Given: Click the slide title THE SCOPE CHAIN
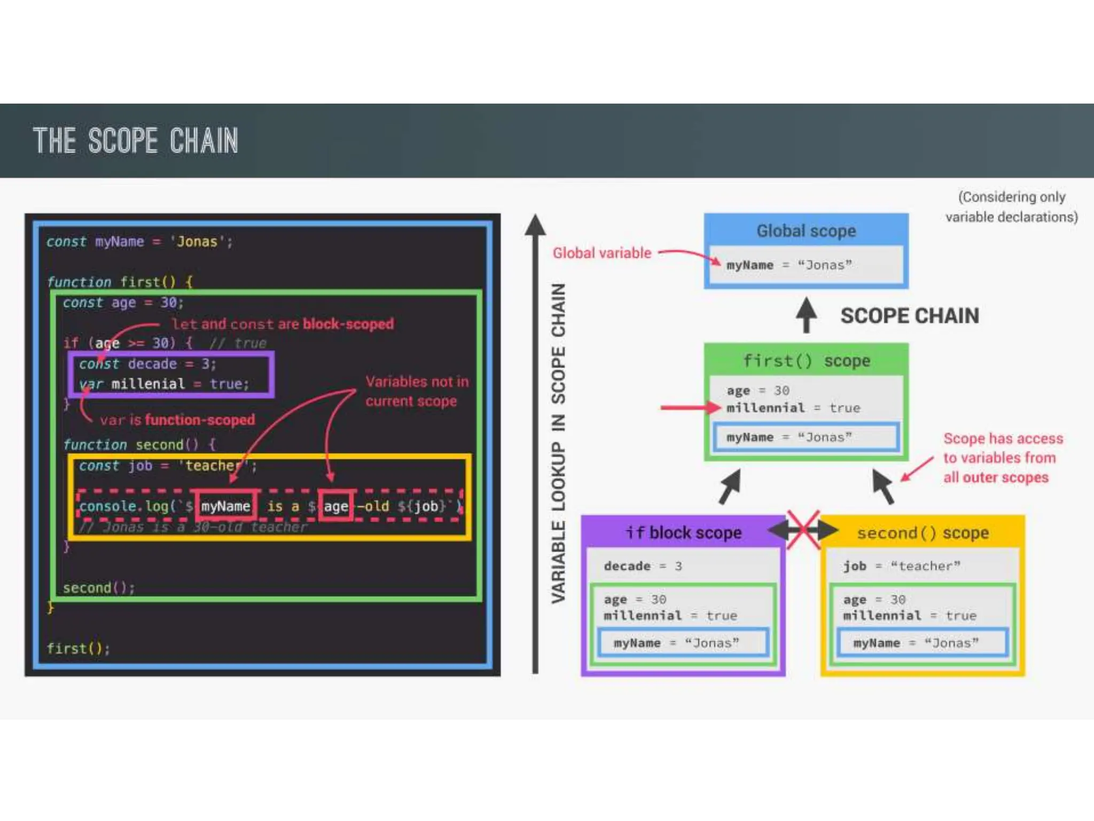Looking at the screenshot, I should tap(135, 141).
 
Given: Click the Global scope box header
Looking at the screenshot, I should tap(806, 231).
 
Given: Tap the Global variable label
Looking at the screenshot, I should tap(601, 253).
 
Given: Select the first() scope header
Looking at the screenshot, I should tap(806, 361).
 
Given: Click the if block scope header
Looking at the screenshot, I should tap(683, 533).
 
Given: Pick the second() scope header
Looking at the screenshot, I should tap(923, 533).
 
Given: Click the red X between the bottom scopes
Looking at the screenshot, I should tap(803, 530).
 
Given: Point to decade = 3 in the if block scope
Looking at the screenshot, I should tap(643, 566).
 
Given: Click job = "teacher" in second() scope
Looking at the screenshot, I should tap(901, 566).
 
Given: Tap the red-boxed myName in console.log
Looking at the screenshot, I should tap(225, 506).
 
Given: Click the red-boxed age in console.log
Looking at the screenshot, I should tap(335, 506).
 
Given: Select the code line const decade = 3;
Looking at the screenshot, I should tap(147, 364).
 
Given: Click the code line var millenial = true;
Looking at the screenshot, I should tap(164, 384).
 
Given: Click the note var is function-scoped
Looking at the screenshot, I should tap(177, 420).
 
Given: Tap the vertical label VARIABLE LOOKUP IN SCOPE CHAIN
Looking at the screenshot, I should tap(558, 444).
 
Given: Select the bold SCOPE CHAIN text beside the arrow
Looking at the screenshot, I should tap(909, 316).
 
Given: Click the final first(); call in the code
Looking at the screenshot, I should tap(78, 648).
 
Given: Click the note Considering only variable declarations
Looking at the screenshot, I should tap(1011, 207).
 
